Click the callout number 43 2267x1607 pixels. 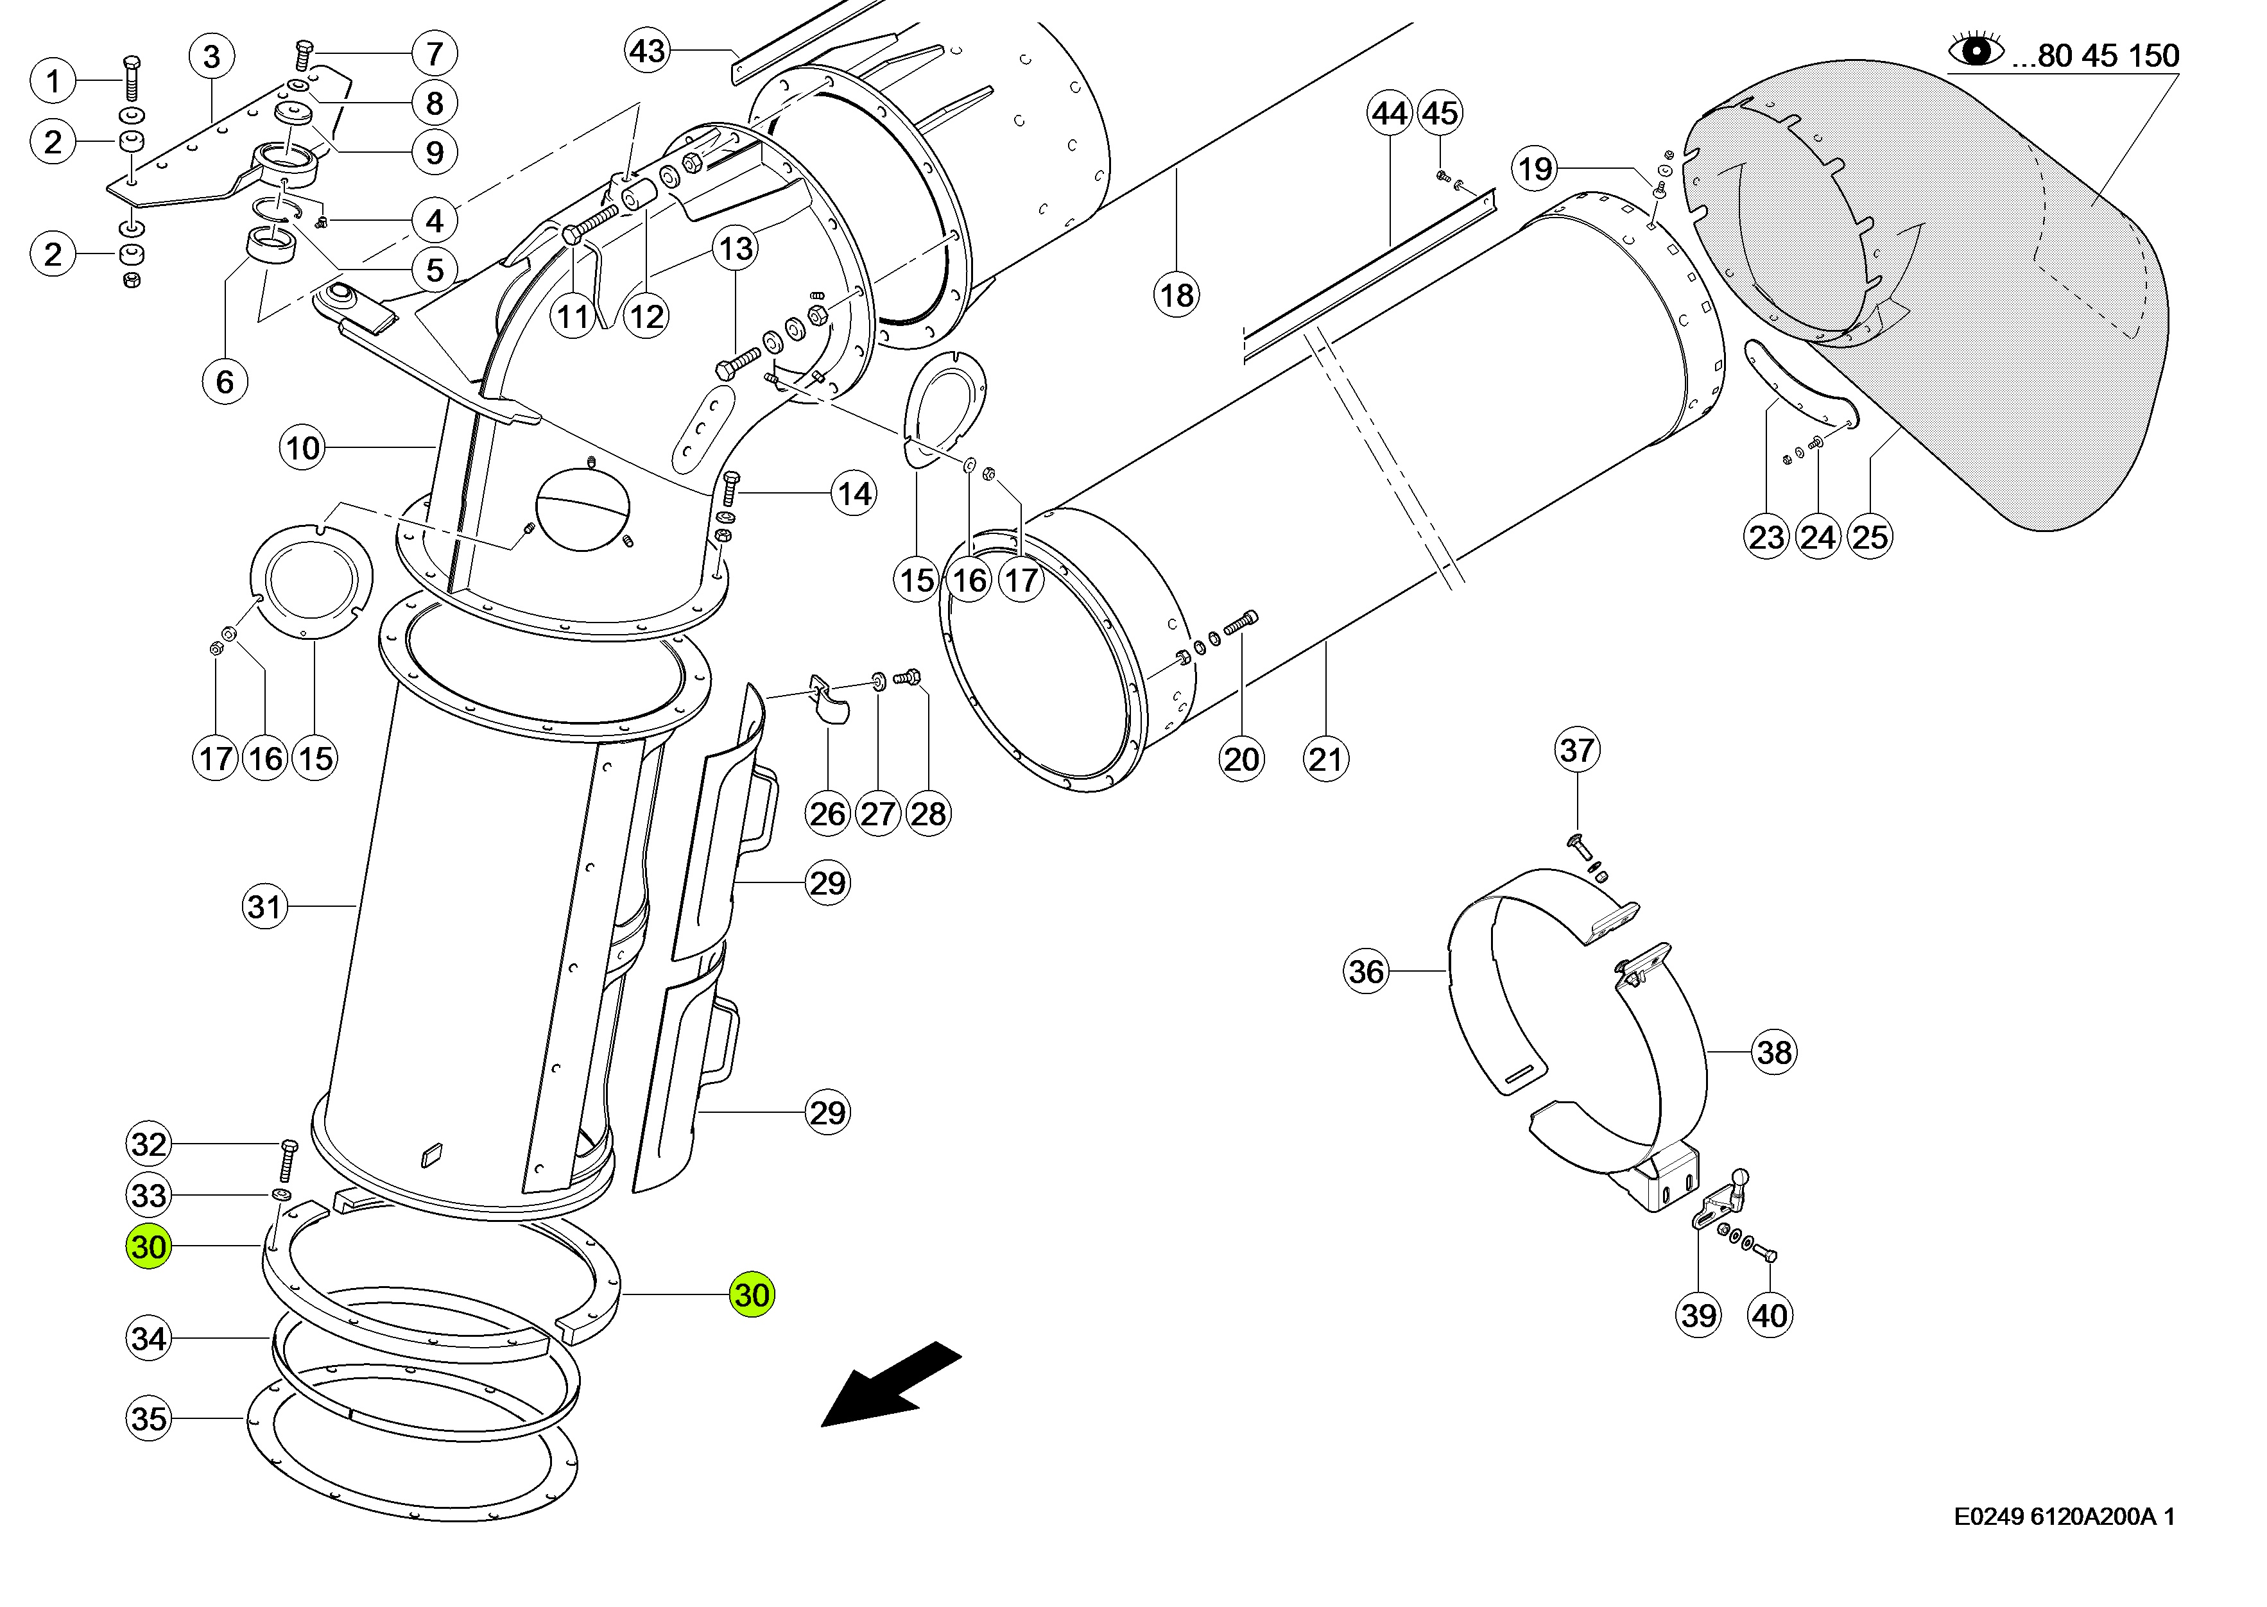(x=648, y=51)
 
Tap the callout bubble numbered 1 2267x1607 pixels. (x=53, y=81)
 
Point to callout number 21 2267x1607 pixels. (x=1326, y=759)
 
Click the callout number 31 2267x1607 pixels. (x=264, y=906)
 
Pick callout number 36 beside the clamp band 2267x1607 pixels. (x=1366, y=971)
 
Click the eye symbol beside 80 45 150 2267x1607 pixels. (x=1975, y=49)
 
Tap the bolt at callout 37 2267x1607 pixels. (x=1577, y=846)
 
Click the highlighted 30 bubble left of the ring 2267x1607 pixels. (x=148, y=1247)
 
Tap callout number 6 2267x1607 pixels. (x=225, y=381)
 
